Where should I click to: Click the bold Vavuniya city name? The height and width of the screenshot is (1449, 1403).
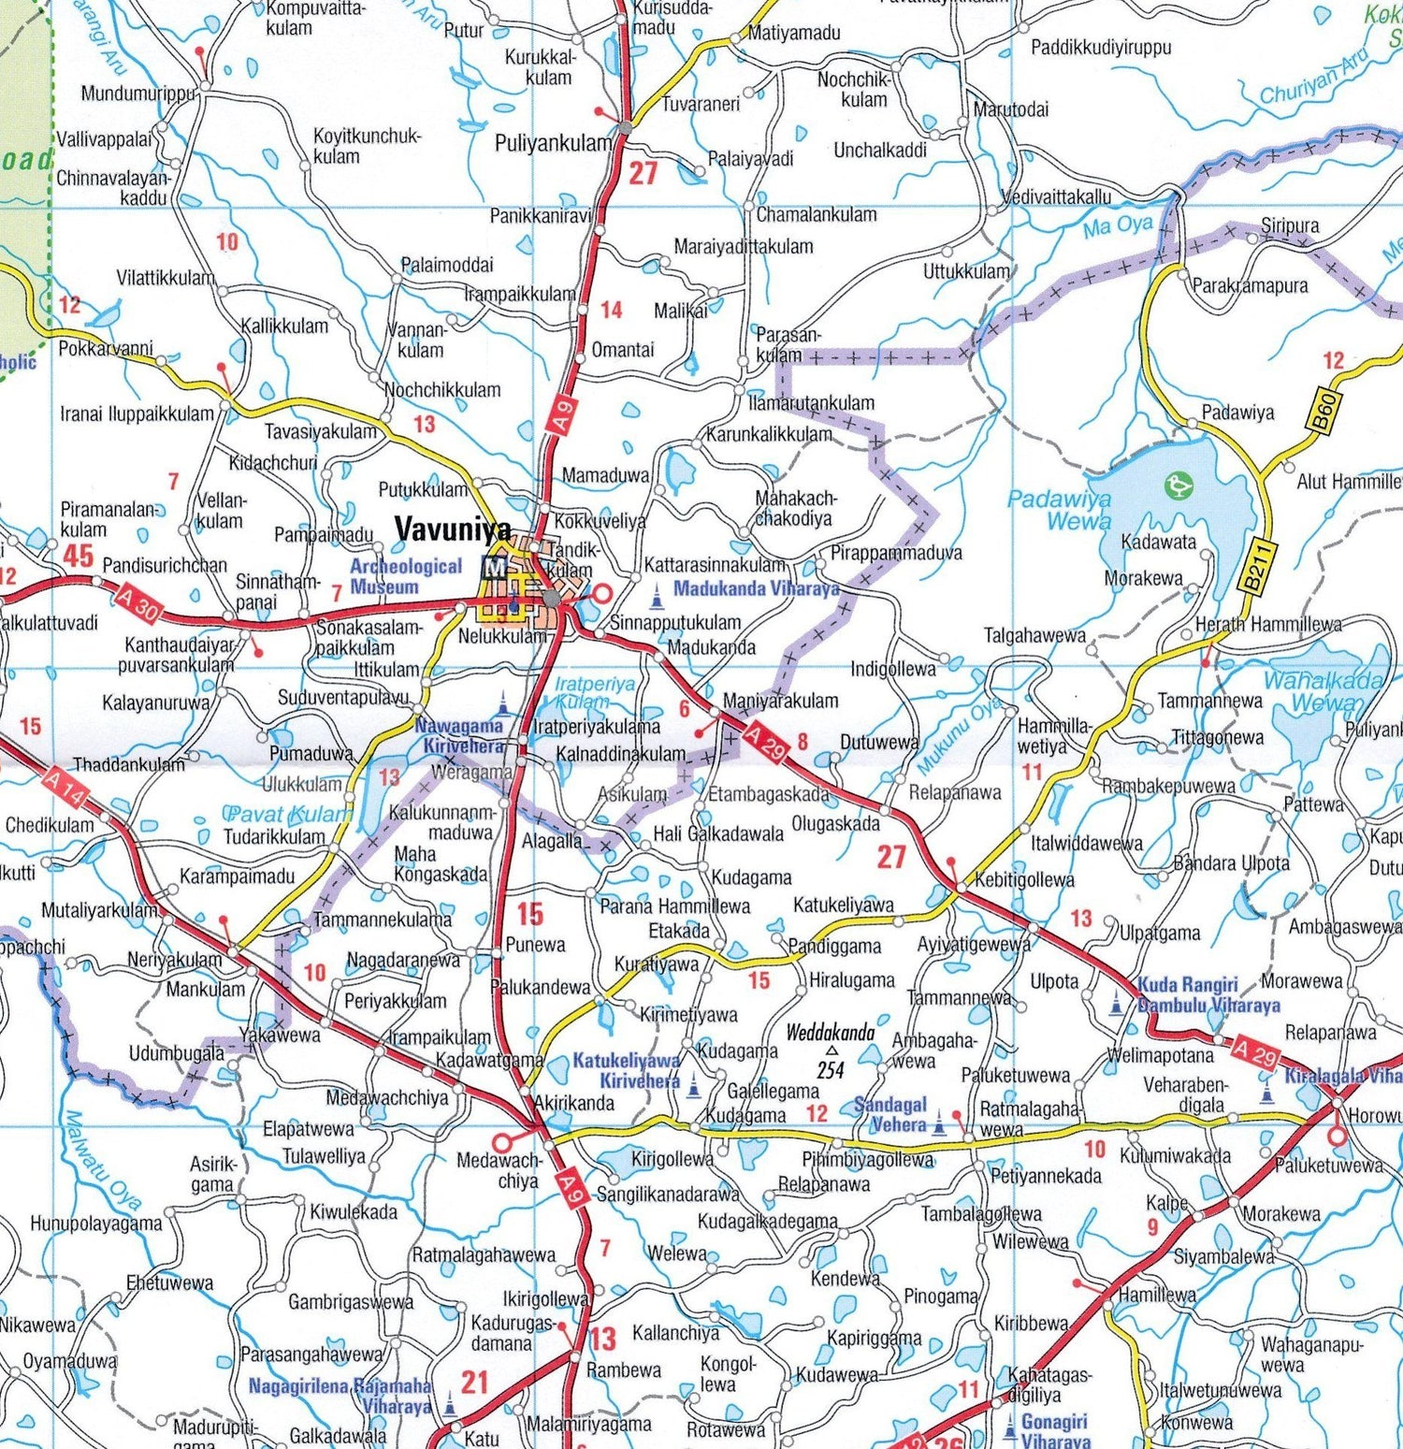click(x=453, y=529)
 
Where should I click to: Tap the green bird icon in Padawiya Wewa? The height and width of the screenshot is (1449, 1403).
click(x=1178, y=485)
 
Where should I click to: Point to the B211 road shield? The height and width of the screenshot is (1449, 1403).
click(x=1258, y=567)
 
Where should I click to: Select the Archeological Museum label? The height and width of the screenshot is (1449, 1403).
click(x=405, y=576)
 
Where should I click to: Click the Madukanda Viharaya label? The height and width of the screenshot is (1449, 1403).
click(x=755, y=588)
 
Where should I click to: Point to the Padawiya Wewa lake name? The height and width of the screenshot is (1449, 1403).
click(x=1059, y=510)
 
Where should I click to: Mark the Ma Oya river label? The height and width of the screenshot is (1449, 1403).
click(x=1117, y=225)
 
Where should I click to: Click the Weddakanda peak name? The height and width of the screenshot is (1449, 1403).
click(x=830, y=1033)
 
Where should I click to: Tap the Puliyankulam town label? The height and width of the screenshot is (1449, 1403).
click(x=553, y=143)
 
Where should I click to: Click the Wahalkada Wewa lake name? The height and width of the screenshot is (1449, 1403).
click(x=1323, y=691)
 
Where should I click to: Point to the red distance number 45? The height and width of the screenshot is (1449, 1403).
click(x=78, y=556)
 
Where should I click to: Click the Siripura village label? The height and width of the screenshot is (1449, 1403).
click(x=1289, y=225)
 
